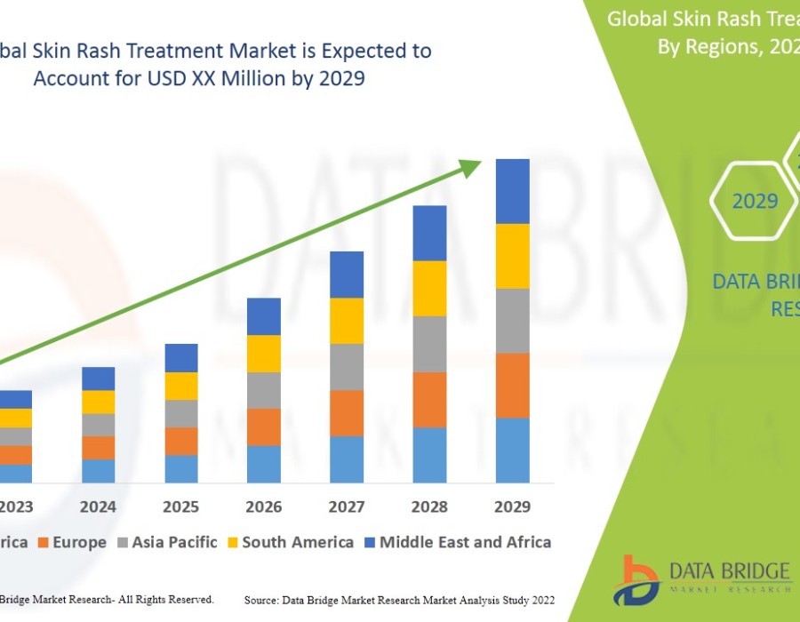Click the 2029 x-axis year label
(x=512, y=506)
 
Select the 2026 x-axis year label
(x=264, y=506)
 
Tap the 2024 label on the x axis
(x=98, y=506)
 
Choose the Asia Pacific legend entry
(x=174, y=542)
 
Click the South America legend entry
(x=298, y=542)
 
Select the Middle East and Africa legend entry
(x=465, y=542)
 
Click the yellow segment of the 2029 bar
(x=512, y=256)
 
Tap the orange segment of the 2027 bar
(x=347, y=413)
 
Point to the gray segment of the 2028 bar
(x=429, y=344)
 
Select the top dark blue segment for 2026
(x=264, y=316)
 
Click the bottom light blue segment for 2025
(x=181, y=469)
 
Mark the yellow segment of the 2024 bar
(x=98, y=402)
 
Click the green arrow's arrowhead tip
(x=480, y=162)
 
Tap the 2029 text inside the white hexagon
(x=755, y=202)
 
